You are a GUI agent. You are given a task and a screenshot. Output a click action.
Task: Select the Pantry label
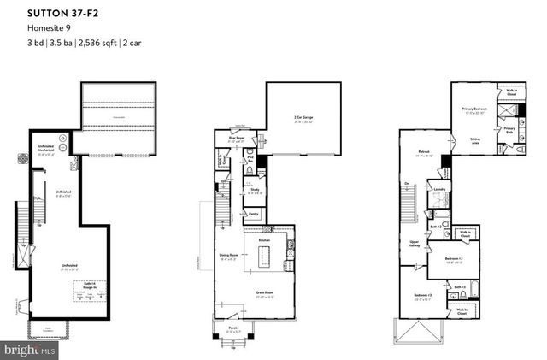[x=254, y=215]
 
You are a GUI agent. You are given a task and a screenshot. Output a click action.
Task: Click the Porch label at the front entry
[x=232, y=328]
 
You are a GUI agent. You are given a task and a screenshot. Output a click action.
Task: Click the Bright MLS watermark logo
[x=29, y=351]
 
